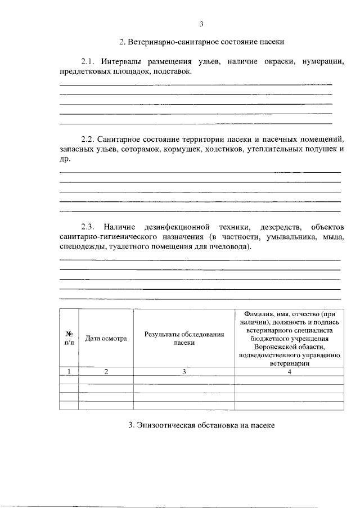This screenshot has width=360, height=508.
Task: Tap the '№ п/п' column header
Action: tap(69, 338)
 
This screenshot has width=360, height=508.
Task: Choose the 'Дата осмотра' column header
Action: tap(106, 338)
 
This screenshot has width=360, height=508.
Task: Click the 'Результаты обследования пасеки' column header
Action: tap(184, 338)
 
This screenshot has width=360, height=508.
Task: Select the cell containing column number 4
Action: tap(289, 371)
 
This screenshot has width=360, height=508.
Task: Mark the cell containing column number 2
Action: tap(106, 371)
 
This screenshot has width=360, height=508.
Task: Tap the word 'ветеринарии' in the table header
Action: tap(289, 363)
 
